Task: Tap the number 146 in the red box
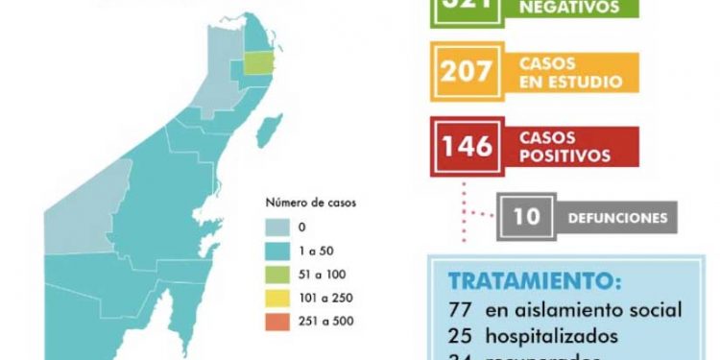467,145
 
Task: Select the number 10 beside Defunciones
526,217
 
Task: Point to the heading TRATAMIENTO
534,283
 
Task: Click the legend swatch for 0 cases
280,228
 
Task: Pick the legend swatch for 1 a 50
280,250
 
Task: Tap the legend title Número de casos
309,204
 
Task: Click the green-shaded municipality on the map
256,63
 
